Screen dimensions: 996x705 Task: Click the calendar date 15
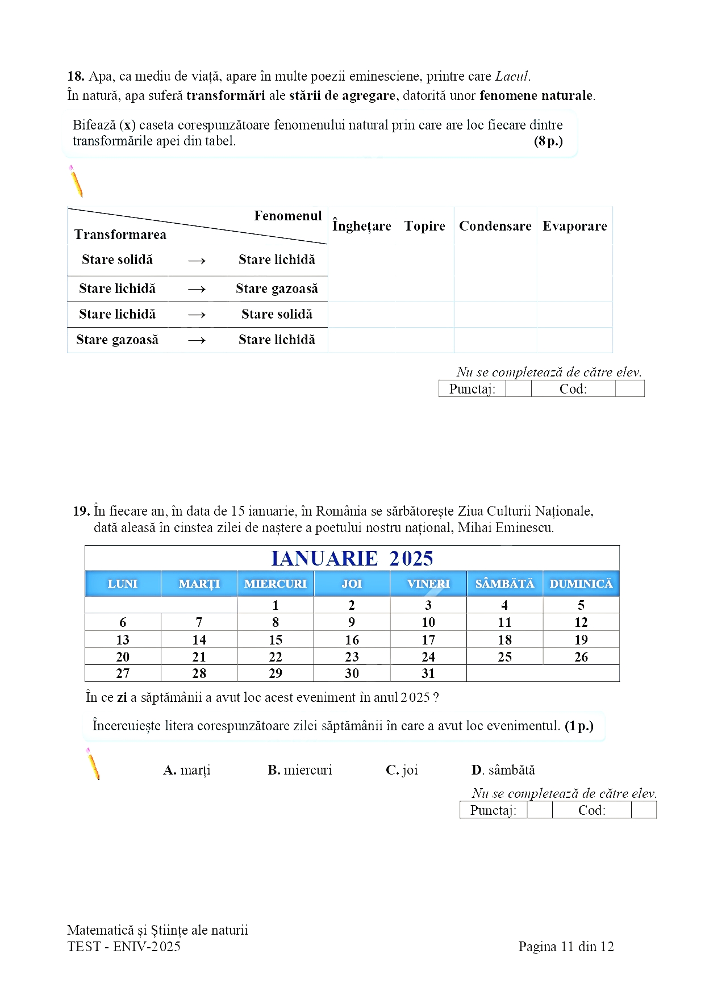[276, 640]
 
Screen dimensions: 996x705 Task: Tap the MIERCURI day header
[276, 584]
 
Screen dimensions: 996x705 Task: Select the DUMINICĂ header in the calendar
[581, 584]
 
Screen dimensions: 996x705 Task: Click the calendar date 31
[428, 673]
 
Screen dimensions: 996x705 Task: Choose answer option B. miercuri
[299, 770]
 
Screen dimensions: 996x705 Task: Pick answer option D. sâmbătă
[503, 770]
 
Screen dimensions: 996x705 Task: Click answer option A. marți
[186, 770]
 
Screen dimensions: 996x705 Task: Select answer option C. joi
[402, 770]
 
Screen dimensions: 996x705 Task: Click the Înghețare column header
[362, 226]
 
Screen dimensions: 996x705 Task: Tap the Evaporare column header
[574, 226]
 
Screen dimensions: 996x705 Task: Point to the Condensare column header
[495, 226]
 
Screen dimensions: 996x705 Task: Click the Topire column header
[424, 226]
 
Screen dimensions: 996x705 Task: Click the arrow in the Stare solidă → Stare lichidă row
[197, 261]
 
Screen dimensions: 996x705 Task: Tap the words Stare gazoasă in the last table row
[117, 340]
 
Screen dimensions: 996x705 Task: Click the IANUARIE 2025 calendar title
[352, 558]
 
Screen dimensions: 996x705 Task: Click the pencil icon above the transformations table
[76, 181]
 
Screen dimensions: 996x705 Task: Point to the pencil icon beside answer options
[93, 764]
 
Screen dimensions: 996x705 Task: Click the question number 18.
[76, 76]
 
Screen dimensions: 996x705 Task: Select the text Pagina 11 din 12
[566, 947]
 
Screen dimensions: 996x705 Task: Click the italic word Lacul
[512, 76]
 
